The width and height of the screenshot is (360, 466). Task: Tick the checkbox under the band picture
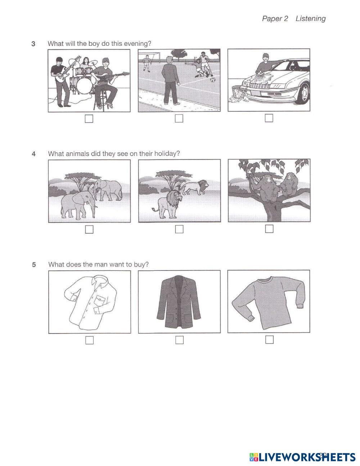coord(89,118)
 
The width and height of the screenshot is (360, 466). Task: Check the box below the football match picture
coord(179,118)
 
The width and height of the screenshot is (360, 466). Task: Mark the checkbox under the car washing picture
coord(269,118)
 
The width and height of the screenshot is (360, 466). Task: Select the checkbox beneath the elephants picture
coord(89,229)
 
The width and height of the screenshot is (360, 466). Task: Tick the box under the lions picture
coord(179,229)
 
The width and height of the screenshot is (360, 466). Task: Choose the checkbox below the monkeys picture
coord(269,229)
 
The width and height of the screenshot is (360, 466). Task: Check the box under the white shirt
coord(90,340)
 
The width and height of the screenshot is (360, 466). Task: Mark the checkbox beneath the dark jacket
coord(180,340)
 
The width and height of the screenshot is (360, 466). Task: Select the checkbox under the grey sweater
coord(270,340)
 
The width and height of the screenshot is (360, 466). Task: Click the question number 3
coord(33,44)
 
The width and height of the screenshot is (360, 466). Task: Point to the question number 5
coord(34,265)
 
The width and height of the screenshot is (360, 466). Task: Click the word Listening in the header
coord(311,19)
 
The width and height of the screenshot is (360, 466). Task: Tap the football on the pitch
coord(212,80)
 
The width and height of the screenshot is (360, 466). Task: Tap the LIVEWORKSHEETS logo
coord(302,457)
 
